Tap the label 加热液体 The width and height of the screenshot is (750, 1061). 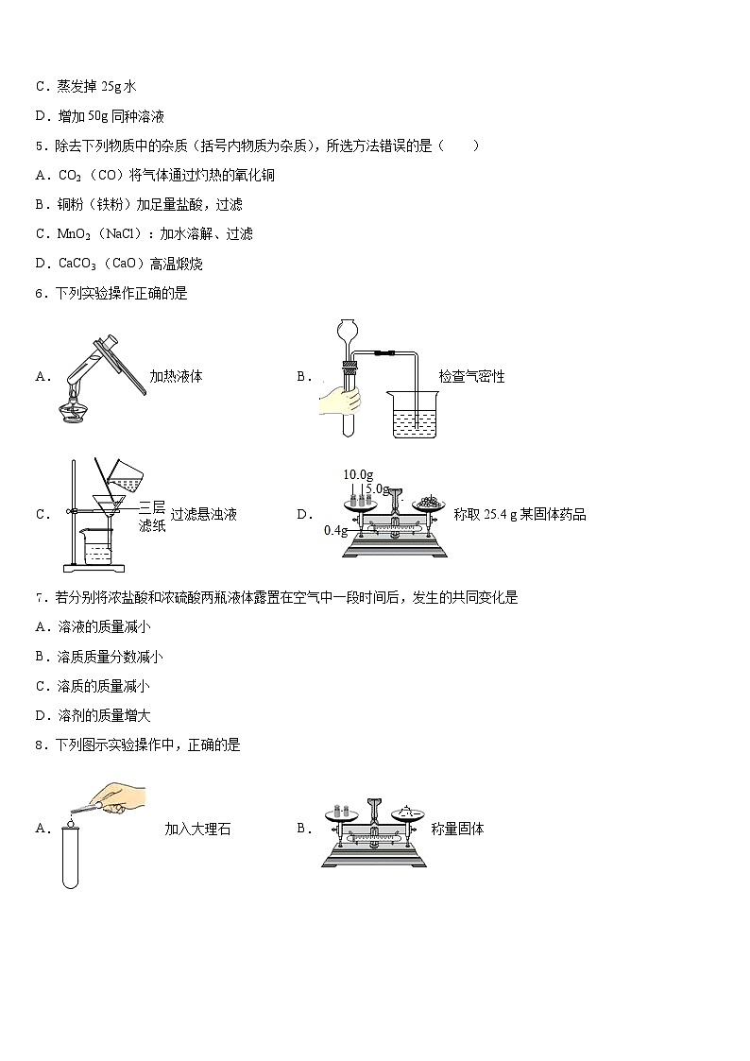176,376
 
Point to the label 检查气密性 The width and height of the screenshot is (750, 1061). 471,376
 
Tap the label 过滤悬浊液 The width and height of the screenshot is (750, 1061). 203,515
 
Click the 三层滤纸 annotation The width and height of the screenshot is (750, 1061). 152,516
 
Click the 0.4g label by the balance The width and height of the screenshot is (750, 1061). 335,531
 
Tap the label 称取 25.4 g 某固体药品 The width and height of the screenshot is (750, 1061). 520,515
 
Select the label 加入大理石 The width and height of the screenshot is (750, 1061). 197,830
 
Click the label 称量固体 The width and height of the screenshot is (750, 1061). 457,829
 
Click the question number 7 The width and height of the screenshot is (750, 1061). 40,597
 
